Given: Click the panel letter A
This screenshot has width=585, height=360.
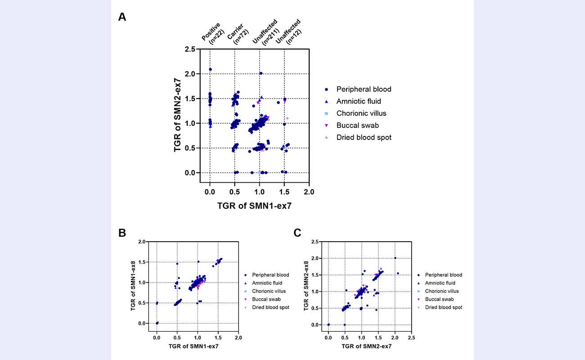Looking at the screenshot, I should point(122,17).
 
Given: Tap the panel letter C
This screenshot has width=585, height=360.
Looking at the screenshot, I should point(297,233).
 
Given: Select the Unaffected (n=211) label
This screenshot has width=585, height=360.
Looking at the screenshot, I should point(263,31).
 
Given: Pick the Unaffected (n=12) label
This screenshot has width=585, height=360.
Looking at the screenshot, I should point(288,31).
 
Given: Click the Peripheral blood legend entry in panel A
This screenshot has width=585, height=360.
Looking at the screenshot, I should point(364,89).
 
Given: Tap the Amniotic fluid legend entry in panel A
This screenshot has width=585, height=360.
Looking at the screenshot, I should point(358,101).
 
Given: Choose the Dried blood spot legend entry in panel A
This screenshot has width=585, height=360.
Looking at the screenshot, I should point(364,137).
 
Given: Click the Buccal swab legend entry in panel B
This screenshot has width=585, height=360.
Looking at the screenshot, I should point(266,299).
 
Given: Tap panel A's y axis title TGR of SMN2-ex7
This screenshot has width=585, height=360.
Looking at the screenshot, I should point(178,115).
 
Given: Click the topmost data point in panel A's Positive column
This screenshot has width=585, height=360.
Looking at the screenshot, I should point(210,69).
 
